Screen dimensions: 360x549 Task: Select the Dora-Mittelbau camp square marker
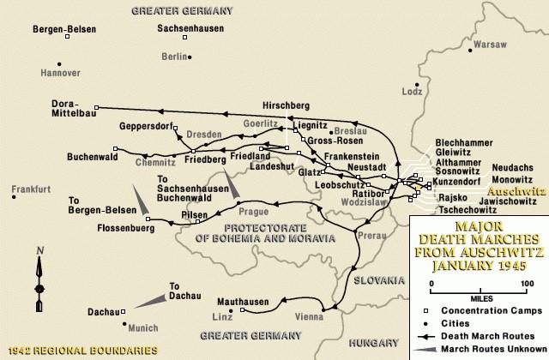[x=97, y=108]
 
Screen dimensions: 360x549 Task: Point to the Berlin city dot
[x=190, y=57]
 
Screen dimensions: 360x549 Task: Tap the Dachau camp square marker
[x=123, y=312]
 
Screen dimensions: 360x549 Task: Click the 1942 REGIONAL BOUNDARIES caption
[x=82, y=351]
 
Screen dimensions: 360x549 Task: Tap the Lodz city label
[x=413, y=91]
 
